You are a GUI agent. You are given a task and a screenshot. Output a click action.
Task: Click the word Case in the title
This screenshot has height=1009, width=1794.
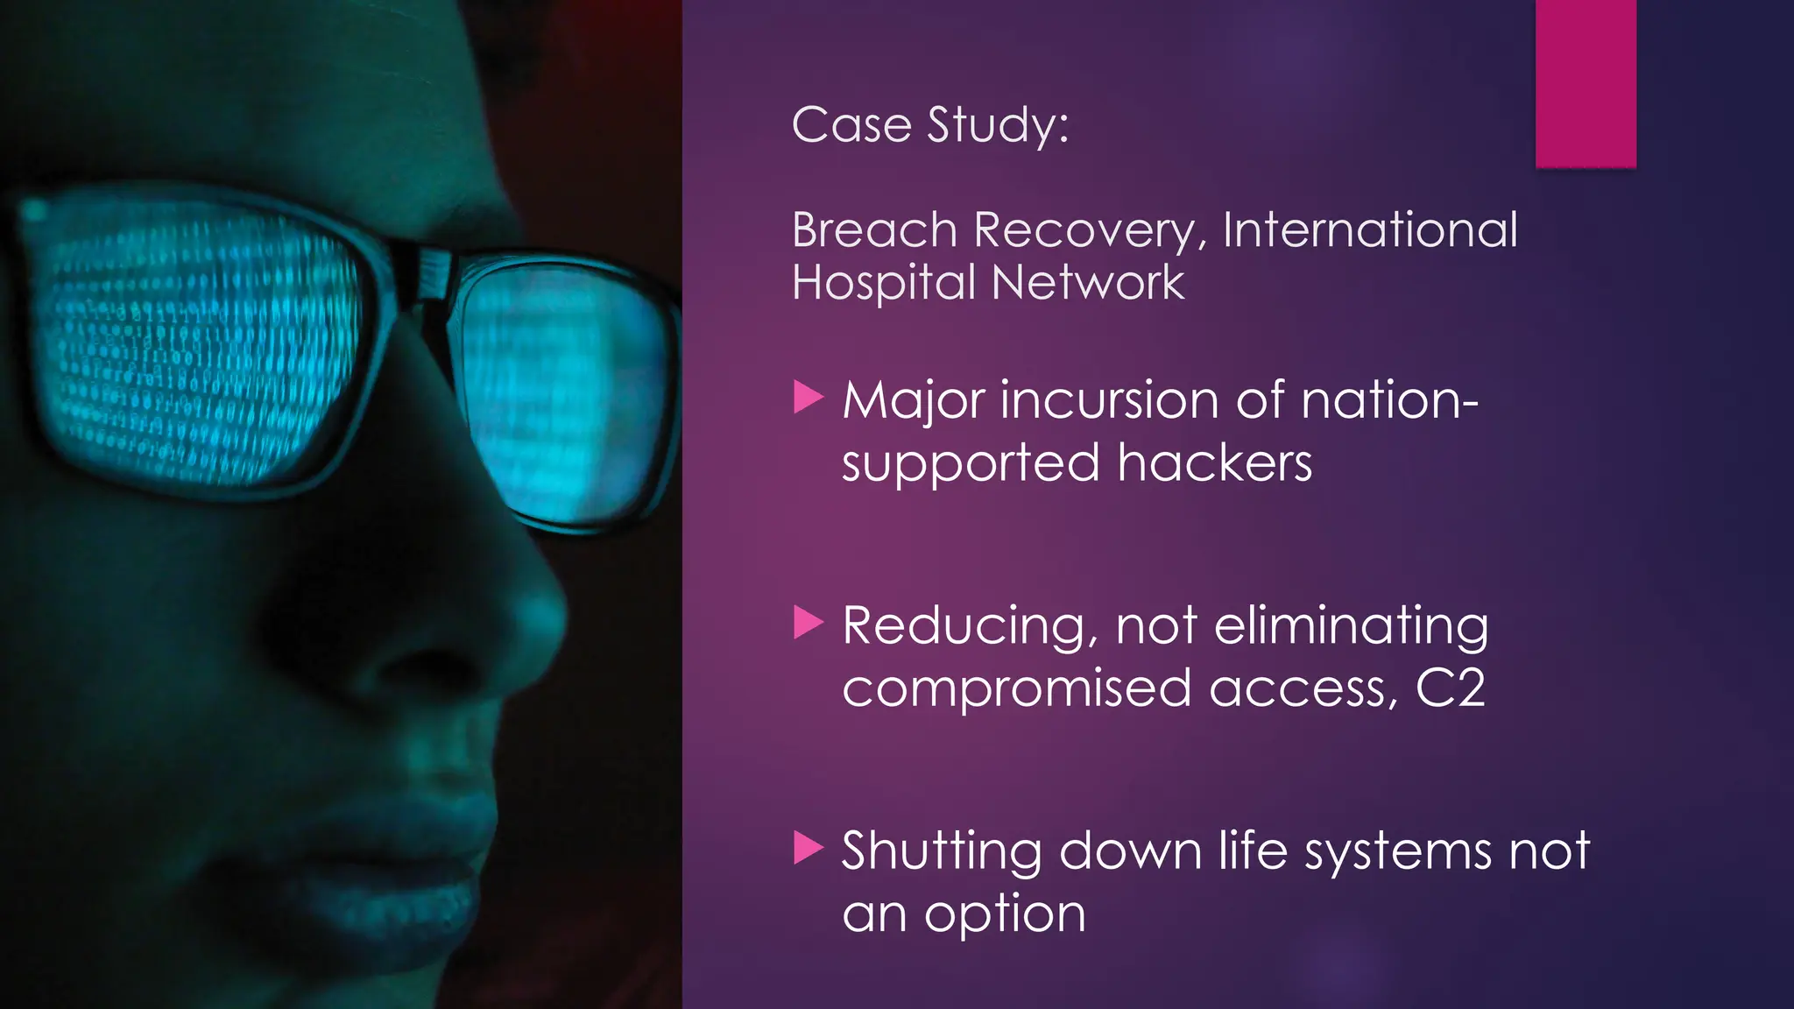851,125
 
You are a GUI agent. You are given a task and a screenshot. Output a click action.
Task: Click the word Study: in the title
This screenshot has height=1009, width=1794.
998,125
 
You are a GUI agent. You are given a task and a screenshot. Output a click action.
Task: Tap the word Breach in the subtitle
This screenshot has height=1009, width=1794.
874,230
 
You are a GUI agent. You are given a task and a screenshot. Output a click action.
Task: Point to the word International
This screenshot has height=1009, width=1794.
1370,230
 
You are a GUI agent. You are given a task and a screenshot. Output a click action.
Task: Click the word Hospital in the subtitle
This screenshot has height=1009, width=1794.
883,284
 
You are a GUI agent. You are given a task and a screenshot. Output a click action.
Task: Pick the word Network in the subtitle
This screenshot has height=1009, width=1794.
1088,283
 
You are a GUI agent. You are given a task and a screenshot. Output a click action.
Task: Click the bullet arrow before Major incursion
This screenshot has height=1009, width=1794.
808,398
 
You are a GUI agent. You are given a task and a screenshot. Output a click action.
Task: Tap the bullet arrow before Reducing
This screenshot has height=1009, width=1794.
808,623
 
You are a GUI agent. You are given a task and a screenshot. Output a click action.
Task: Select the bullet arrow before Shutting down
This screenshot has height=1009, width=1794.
808,848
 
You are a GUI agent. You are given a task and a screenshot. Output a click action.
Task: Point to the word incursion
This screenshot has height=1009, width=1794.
1109,400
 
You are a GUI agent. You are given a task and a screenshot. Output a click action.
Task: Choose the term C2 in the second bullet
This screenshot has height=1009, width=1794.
1451,688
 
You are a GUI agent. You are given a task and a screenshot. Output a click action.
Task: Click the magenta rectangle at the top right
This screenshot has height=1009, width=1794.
1586,83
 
